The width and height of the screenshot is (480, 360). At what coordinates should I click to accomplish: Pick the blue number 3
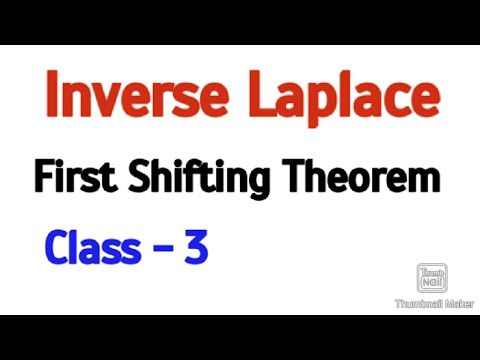click(195, 248)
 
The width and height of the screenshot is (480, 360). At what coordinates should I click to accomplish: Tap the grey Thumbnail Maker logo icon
click(431, 279)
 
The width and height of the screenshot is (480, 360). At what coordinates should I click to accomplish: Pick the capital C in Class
click(55, 248)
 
